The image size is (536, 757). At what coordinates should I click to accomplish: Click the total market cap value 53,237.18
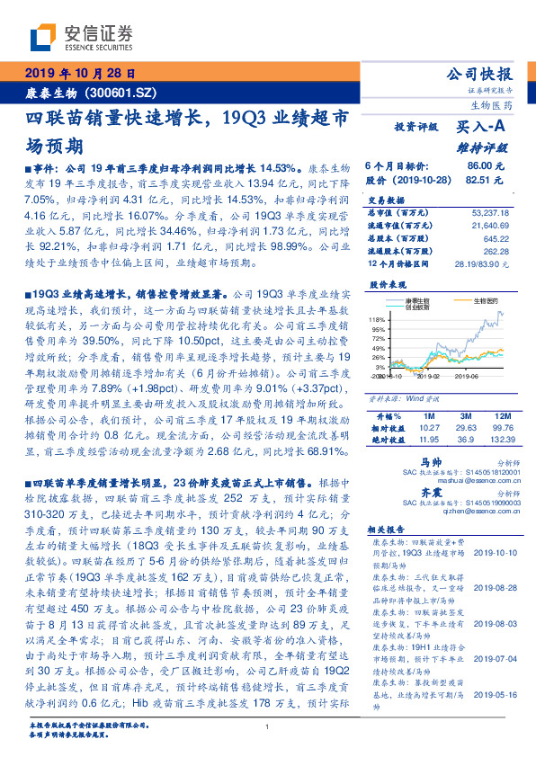click(488, 212)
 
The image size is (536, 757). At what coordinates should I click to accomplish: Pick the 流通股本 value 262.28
click(495, 251)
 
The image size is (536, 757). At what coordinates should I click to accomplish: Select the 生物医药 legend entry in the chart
click(474, 300)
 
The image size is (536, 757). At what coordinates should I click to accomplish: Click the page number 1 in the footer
click(268, 727)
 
